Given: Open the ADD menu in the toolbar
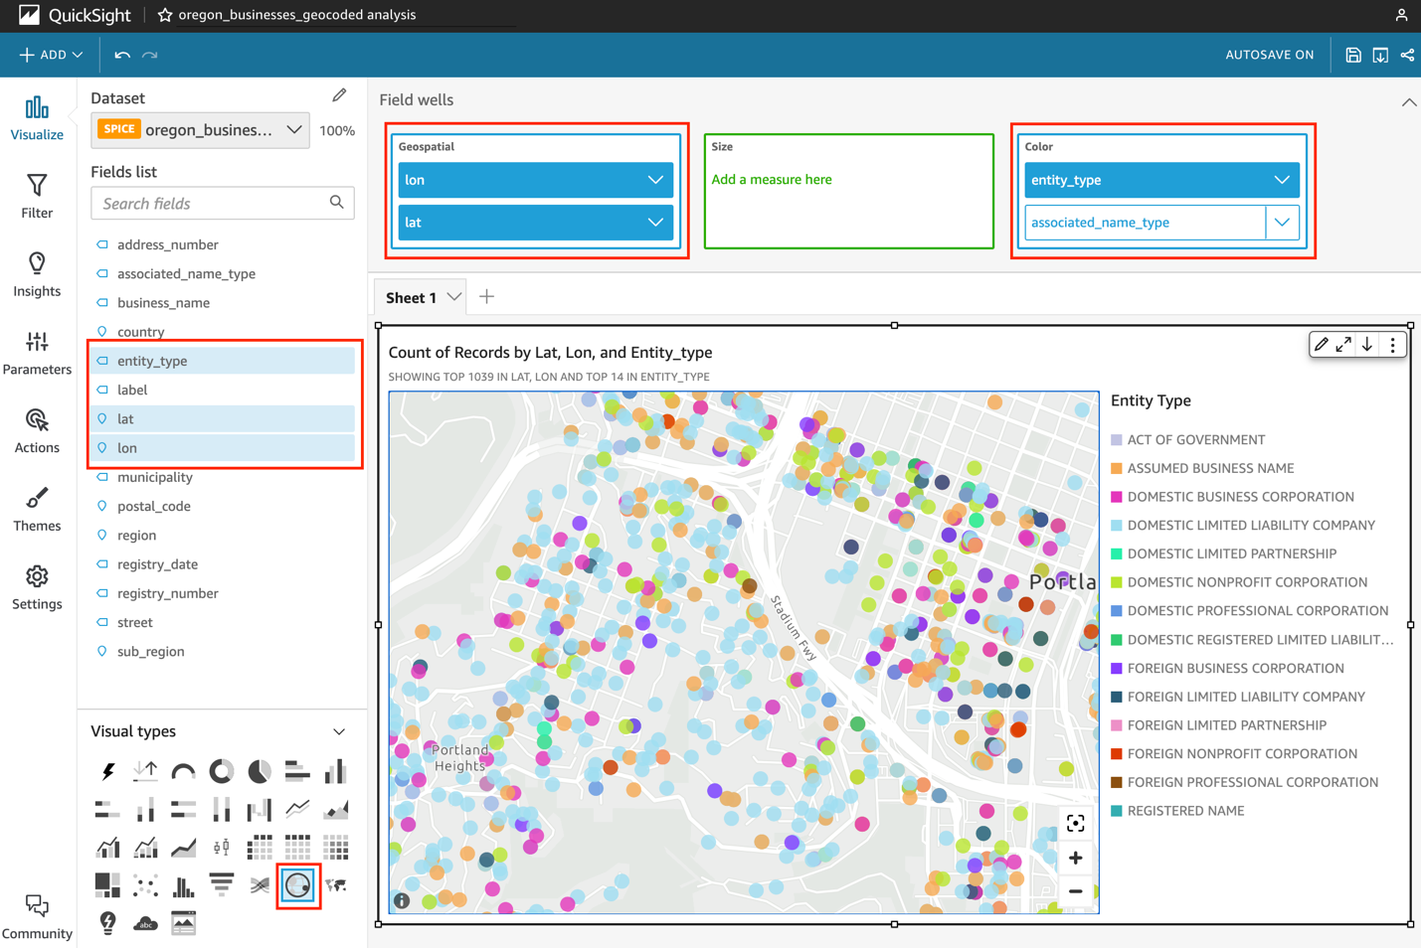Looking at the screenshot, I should (51, 55).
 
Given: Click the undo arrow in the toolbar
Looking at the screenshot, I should (122, 55).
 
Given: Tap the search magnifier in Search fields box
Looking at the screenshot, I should (337, 203).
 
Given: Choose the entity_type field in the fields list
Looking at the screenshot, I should (152, 361).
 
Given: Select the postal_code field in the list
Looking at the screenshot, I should (153, 506).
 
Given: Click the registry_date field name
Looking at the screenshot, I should (157, 564).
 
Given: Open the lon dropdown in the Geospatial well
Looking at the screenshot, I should (655, 180).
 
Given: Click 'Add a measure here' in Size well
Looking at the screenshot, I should (772, 180).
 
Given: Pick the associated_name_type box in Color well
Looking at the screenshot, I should (1144, 223).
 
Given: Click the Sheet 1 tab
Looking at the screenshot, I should (412, 297).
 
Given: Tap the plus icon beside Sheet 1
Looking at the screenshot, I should (486, 297).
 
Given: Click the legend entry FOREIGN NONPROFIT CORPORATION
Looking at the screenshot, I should (1242, 754).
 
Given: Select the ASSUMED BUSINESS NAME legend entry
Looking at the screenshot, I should (1210, 468).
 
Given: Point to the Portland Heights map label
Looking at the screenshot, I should (459, 757).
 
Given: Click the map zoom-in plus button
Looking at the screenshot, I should (1075, 858).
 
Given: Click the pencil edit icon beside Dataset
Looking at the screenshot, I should (339, 95).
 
